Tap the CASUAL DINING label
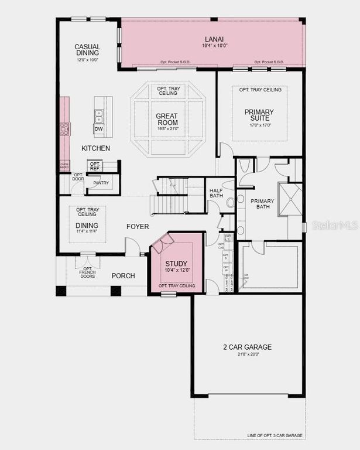pyautogui.click(x=87, y=50)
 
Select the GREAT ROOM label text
pyautogui.click(x=166, y=119)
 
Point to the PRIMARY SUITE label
pyautogui.click(x=259, y=115)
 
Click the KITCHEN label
pyautogui.click(x=95, y=148)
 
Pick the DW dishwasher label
pyautogui.click(x=98, y=129)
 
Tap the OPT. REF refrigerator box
pyautogui.click(x=95, y=166)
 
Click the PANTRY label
pyautogui.click(x=101, y=183)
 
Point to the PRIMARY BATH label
pyautogui.click(x=262, y=204)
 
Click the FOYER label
pyautogui.click(x=138, y=226)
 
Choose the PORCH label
pyautogui.click(x=123, y=275)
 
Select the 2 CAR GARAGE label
pyautogui.click(x=247, y=347)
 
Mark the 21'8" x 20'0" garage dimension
pyautogui.click(x=247, y=354)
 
